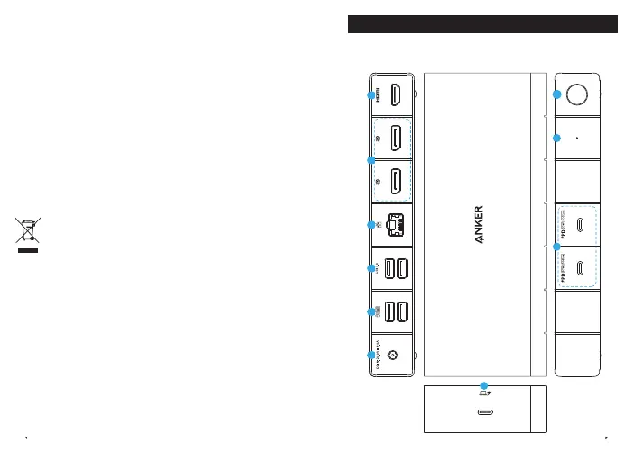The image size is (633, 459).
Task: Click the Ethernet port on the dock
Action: [x=395, y=225]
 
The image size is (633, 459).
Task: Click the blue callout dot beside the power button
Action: [x=556, y=94]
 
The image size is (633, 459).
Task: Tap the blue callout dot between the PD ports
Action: [x=556, y=246]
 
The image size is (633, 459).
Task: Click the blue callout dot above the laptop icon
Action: [x=484, y=384]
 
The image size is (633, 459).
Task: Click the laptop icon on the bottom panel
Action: [x=484, y=392]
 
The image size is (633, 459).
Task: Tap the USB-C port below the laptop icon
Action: [x=484, y=414]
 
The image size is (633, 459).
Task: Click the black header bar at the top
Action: [x=482, y=24]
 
